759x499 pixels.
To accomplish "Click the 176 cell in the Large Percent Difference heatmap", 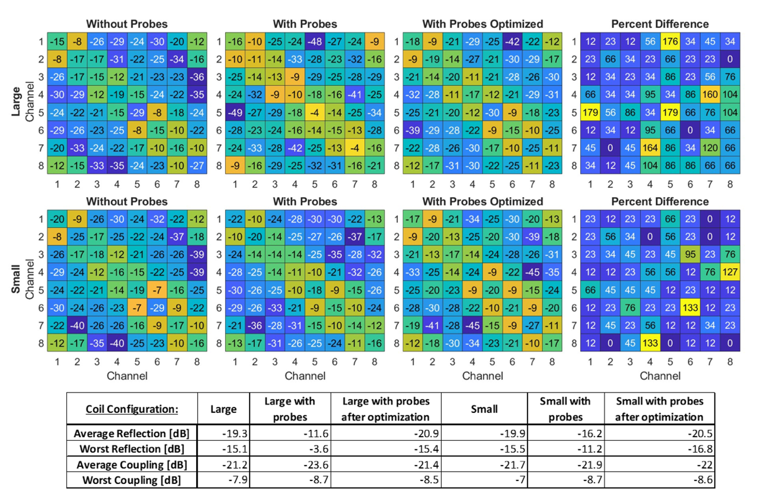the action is click(x=670, y=41).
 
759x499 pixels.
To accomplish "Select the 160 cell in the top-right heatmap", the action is click(x=710, y=95).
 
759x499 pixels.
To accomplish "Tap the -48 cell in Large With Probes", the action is click(x=315, y=41).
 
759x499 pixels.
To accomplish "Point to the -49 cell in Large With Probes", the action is click(x=235, y=112).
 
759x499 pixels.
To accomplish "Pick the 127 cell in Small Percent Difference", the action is click(x=730, y=272).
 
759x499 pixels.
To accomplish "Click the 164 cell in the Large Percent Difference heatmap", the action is click(x=650, y=148).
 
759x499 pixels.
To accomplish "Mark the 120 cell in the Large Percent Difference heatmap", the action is click(x=710, y=148).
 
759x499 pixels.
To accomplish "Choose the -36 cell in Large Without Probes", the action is click(x=197, y=77).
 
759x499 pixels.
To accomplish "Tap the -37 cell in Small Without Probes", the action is click(x=177, y=237).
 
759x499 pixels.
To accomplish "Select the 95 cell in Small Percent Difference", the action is click(x=690, y=254).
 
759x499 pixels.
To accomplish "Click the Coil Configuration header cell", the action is click(x=132, y=409).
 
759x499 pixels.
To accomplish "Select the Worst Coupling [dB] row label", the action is click(x=132, y=480).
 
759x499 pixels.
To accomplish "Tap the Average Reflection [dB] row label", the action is click(x=132, y=433).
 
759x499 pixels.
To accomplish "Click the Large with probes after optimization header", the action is click(x=386, y=409).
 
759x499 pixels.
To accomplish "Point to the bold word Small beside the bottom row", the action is click(x=16, y=279).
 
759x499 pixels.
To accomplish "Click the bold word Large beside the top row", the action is click(x=16, y=101).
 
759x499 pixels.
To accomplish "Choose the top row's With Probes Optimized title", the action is click(x=483, y=24).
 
